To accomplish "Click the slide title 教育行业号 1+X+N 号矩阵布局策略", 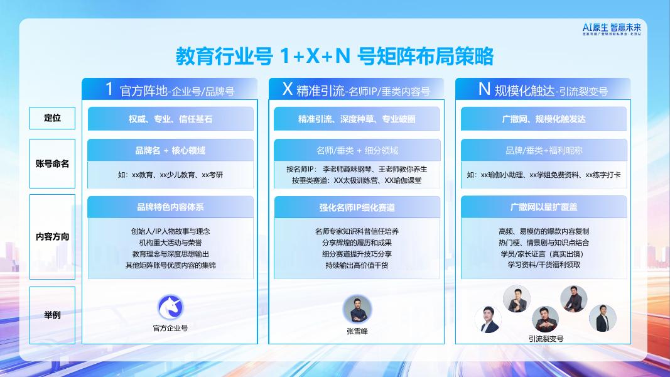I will (334, 57).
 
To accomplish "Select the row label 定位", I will (52, 117).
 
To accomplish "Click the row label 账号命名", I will (52, 163).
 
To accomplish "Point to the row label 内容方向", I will (52, 237).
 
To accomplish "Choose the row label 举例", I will (52, 315).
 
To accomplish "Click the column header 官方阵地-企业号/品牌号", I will (170, 90).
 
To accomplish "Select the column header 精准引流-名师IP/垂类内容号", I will (356, 90).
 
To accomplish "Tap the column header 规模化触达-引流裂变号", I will (543, 90).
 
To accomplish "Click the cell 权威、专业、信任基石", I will (170, 119).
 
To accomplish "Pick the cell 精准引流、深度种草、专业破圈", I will (357, 119).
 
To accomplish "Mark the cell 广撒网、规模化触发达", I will (543, 119).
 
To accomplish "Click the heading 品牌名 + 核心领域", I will (170, 151).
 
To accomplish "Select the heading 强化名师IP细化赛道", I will (357, 207).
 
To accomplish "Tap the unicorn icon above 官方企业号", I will (170, 308).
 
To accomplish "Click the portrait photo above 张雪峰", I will (357, 310).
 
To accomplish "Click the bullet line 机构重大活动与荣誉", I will (170, 243).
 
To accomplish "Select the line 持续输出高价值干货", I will (357, 265).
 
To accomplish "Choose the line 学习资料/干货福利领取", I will (544, 265).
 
